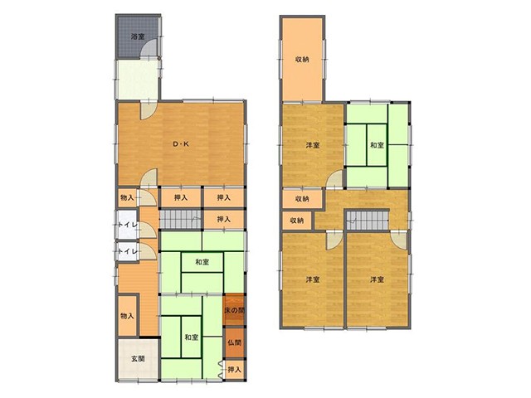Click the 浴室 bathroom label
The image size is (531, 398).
(x=138, y=36)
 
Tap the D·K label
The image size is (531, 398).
(x=181, y=143)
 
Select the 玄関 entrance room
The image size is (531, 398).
(x=138, y=359)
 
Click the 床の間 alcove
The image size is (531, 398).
(x=234, y=309)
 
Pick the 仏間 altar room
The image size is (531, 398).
(x=234, y=342)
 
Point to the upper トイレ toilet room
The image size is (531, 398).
(x=127, y=225)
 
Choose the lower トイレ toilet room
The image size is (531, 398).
(x=127, y=251)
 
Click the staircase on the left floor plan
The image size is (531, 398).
(x=181, y=219)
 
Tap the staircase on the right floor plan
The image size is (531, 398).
(x=368, y=221)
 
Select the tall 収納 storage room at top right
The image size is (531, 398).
(x=302, y=59)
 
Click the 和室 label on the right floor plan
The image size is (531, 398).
(x=377, y=145)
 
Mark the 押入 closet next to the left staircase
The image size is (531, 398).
(x=224, y=219)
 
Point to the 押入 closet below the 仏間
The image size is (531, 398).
(x=234, y=370)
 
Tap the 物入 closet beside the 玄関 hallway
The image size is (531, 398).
(x=127, y=316)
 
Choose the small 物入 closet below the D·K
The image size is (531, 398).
(x=127, y=197)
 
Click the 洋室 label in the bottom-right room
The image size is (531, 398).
(x=377, y=280)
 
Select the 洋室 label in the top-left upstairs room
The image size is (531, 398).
(x=313, y=145)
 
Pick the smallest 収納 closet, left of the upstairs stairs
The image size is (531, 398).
(x=297, y=221)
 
